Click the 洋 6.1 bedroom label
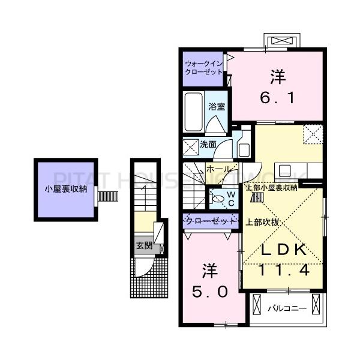[x=277, y=87]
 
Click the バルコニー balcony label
[x=287, y=309]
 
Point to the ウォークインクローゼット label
[x=203, y=67]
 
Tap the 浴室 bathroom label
[x=216, y=107]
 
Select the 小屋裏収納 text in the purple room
[x=65, y=188]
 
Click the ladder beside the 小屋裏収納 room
[x=109, y=196]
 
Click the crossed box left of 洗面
[x=190, y=145]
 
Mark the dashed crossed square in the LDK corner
[x=313, y=134]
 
